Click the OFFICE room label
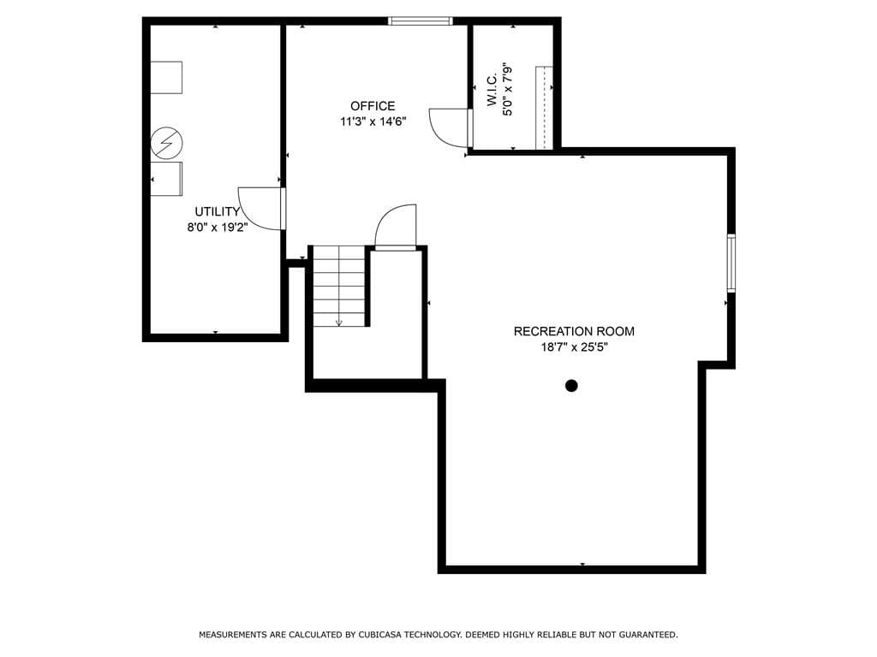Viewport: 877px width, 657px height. tap(373, 106)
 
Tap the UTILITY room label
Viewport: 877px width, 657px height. tap(217, 212)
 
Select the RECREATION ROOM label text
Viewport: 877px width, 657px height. tap(574, 331)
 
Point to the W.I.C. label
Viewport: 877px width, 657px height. tap(492, 90)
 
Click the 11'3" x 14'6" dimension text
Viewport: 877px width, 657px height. tap(373, 121)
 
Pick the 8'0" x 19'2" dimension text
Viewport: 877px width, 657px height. tap(217, 228)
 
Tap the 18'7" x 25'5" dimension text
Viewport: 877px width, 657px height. tap(574, 347)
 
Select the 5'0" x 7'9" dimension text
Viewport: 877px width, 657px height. tap(507, 89)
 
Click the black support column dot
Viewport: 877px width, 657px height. tap(571, 386)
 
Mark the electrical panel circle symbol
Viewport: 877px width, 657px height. tap(167, 143)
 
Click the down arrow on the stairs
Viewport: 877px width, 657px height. tap(338, 322)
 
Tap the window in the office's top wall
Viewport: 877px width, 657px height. tap(421, 21)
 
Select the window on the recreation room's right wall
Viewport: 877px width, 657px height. tap(731, 263)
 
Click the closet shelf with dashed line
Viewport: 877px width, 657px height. tap(544, 108)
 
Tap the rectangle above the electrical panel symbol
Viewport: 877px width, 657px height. tap(167, 77)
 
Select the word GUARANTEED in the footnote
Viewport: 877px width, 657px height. tap(650, 635)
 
